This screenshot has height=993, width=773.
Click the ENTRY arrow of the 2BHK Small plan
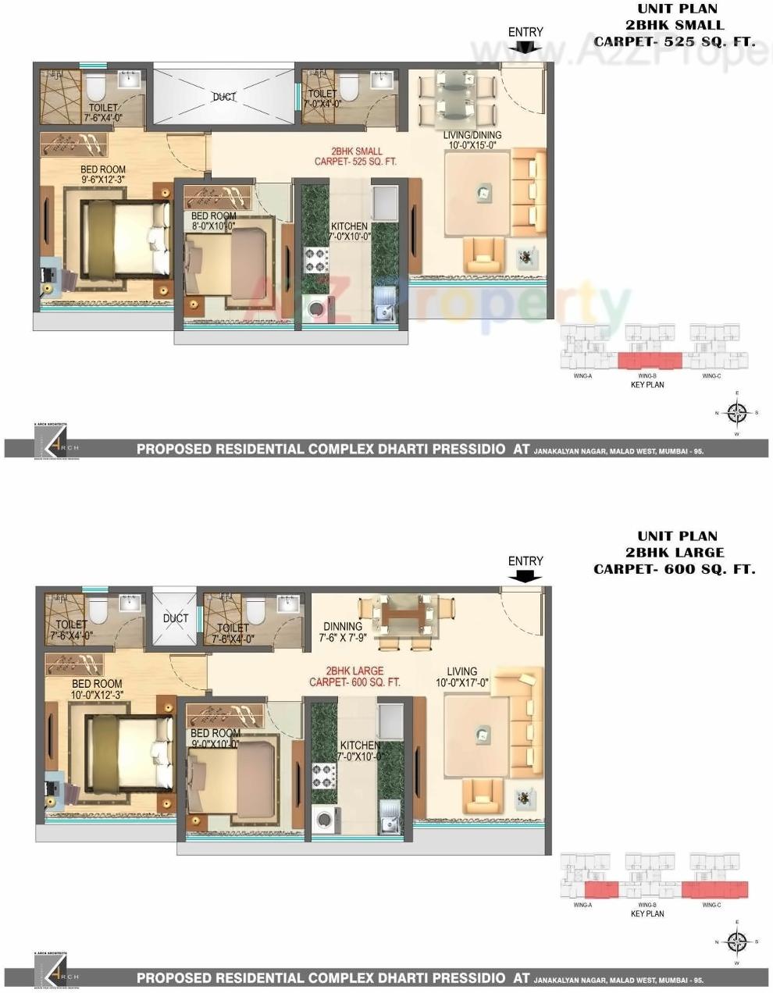tap(525, 47)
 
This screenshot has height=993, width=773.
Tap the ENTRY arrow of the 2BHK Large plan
tap(525, 577)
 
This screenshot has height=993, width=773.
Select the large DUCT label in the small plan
tap(224, 97)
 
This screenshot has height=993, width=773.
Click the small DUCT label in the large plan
tap(176, 618)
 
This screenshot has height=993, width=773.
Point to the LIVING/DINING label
tap(472, 135)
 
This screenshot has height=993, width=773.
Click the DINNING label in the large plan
tap(343, 626)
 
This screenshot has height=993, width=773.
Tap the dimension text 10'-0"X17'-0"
tap(461, 682)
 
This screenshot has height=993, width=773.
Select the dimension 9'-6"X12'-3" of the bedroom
tap(103, 180)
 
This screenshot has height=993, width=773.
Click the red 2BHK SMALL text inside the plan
tap(357, 151)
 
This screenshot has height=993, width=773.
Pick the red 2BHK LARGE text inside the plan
tap(354, 671)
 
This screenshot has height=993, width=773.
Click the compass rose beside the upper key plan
tap(736, 413)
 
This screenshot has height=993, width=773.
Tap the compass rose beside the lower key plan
tap(736, 942)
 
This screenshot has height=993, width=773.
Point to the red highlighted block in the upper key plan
tap(650, 360)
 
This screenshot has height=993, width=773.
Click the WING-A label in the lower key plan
tap(582, 905)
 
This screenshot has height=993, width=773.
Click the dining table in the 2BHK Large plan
tap(397, 616)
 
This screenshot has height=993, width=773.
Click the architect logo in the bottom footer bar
tap(59, 977)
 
